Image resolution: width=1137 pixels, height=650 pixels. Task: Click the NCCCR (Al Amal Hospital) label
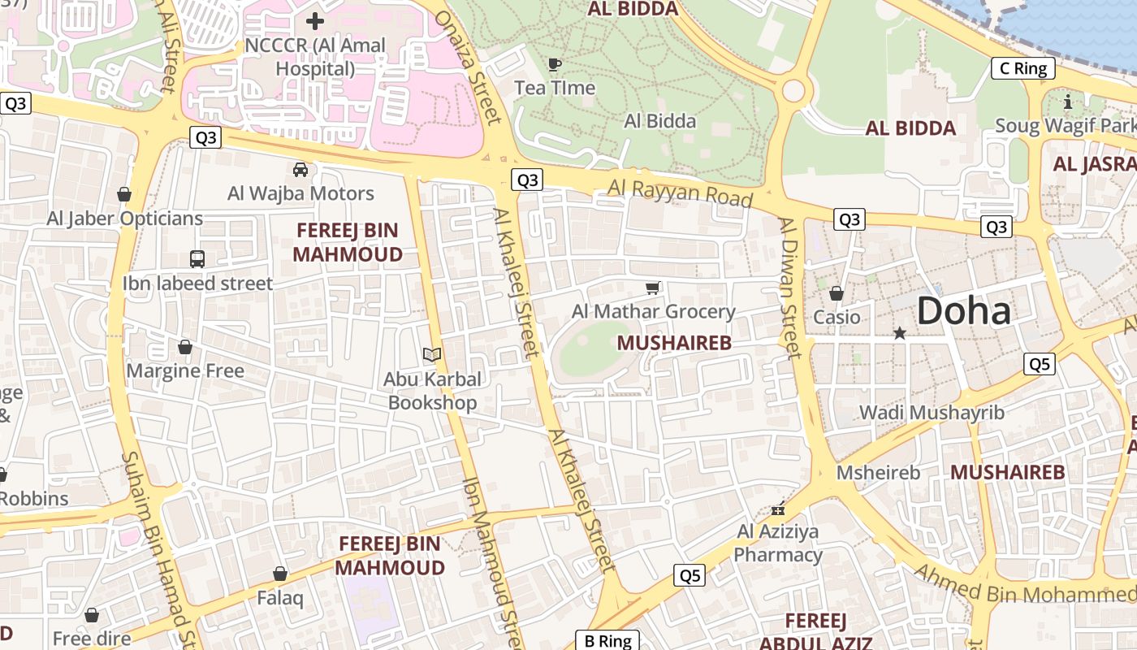(x=315, y=57)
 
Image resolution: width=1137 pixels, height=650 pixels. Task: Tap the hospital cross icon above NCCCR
(x=315, y=21)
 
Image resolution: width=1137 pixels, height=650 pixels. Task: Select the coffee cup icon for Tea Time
(x=555, y=64)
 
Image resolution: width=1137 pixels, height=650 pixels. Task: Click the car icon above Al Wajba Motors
(x=300, y=170)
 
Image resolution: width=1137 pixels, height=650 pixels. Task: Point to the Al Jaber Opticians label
(x=124, y=219)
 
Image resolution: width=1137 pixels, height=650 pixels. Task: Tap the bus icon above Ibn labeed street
(x=197, y=259)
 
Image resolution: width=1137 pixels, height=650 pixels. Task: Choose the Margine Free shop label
(x=185, y=371)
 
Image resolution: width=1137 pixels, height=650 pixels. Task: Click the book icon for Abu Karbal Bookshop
(x=432, y=355)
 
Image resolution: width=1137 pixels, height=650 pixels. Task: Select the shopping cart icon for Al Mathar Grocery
(x=652, y=288)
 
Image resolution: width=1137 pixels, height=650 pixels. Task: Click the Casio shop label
(x=837, y=317)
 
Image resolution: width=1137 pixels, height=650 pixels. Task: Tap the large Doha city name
(x=964, y=311)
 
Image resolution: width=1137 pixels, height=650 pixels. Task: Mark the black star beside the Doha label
(x=899, y=333)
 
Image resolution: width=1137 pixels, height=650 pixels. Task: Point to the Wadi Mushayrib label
(x=932, y=412)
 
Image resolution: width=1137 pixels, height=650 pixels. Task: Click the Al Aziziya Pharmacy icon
(x=778, y=509)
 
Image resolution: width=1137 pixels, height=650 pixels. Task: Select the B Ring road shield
(x=607, y=640)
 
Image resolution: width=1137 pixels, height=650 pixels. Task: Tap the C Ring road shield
(x=1023, y=68)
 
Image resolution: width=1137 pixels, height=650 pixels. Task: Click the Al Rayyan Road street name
(x=680, y=194)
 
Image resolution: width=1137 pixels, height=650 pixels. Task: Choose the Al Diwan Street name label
(x=789, y=288)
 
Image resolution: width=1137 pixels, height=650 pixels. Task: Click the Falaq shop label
(x=280, y=599)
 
